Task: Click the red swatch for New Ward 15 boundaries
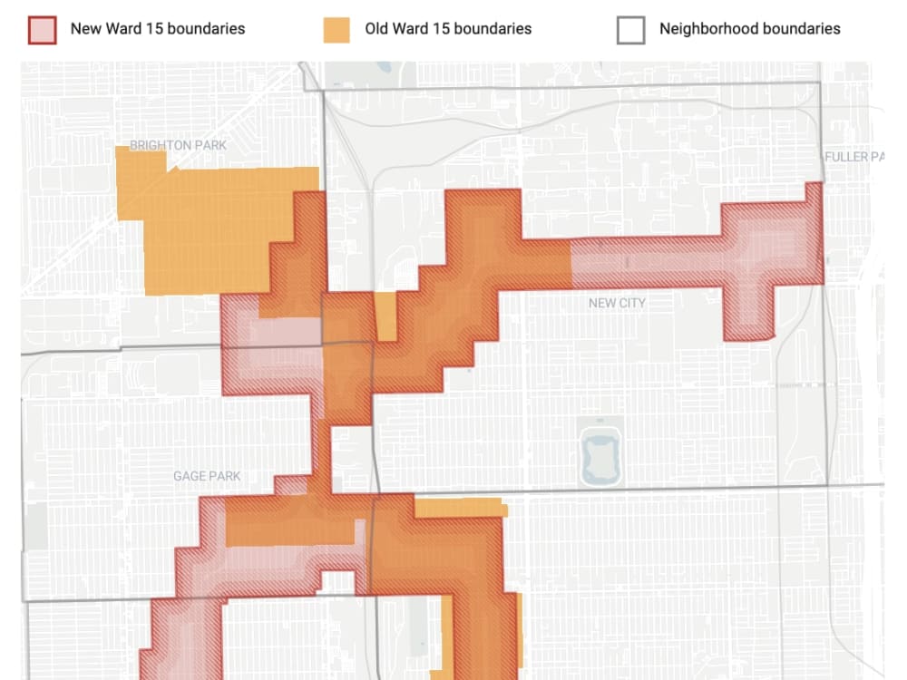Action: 43,29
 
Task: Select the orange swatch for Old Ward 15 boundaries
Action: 336,29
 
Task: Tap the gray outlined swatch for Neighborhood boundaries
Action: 630,29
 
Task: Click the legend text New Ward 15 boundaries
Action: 158,29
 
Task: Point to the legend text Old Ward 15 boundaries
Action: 448,29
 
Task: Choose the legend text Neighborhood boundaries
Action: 749,29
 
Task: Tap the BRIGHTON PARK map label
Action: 178,145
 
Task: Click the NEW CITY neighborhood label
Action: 617,303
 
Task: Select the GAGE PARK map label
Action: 207,476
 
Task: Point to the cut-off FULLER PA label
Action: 853,157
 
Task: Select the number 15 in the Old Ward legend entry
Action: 439,29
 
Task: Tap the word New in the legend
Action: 86,29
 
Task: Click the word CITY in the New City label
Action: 632,303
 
